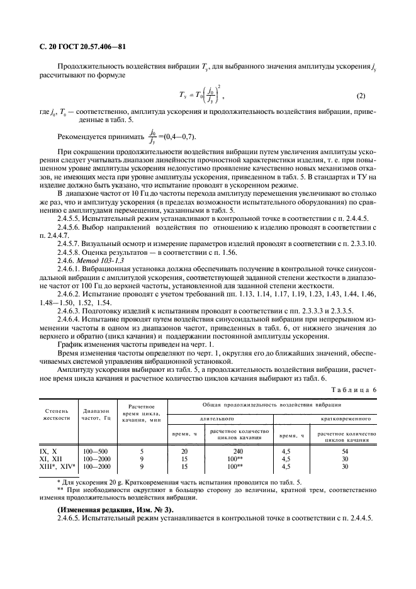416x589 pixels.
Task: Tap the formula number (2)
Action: (x=361, y=96)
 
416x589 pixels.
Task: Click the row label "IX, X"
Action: (x=48, y=451)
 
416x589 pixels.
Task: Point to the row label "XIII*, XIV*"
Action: (x=57, y=466)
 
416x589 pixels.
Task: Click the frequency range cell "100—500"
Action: (x=95, y=451)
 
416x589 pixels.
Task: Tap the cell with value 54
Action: (x=344, y=451)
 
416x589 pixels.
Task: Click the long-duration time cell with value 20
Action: (x=185, y=451)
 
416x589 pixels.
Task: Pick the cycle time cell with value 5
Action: (x=142, y=451)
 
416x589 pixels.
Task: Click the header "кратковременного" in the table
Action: (x=344, y=418)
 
